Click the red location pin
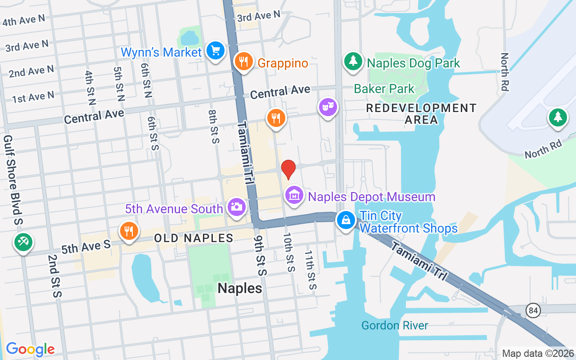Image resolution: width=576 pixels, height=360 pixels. (288, 169)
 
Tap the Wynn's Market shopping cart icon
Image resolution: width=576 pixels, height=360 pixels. (215, 51)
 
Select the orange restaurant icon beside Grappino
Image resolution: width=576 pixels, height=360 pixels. (243, 62)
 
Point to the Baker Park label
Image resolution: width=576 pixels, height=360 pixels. (384, 89)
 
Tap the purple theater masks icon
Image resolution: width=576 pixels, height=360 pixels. (328, 107)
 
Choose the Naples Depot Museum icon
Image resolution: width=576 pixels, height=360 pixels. (294, 196)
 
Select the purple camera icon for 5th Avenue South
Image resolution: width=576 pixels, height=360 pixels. (236, 207)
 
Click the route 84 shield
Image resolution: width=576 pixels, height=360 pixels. (533, 310)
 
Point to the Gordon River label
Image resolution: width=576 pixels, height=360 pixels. (395, 325)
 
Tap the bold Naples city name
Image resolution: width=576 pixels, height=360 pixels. (240, 288)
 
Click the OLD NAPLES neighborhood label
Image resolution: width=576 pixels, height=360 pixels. (193, 238)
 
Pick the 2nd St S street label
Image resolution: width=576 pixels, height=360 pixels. (54, 276)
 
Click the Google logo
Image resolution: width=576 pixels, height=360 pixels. (30, 349)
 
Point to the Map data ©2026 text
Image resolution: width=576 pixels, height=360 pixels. (538, 354)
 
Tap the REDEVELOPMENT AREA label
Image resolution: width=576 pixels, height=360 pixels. (421, 114)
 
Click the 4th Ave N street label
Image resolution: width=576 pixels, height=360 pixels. (23, 20)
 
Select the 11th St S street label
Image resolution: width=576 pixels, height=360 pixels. (310, 270)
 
